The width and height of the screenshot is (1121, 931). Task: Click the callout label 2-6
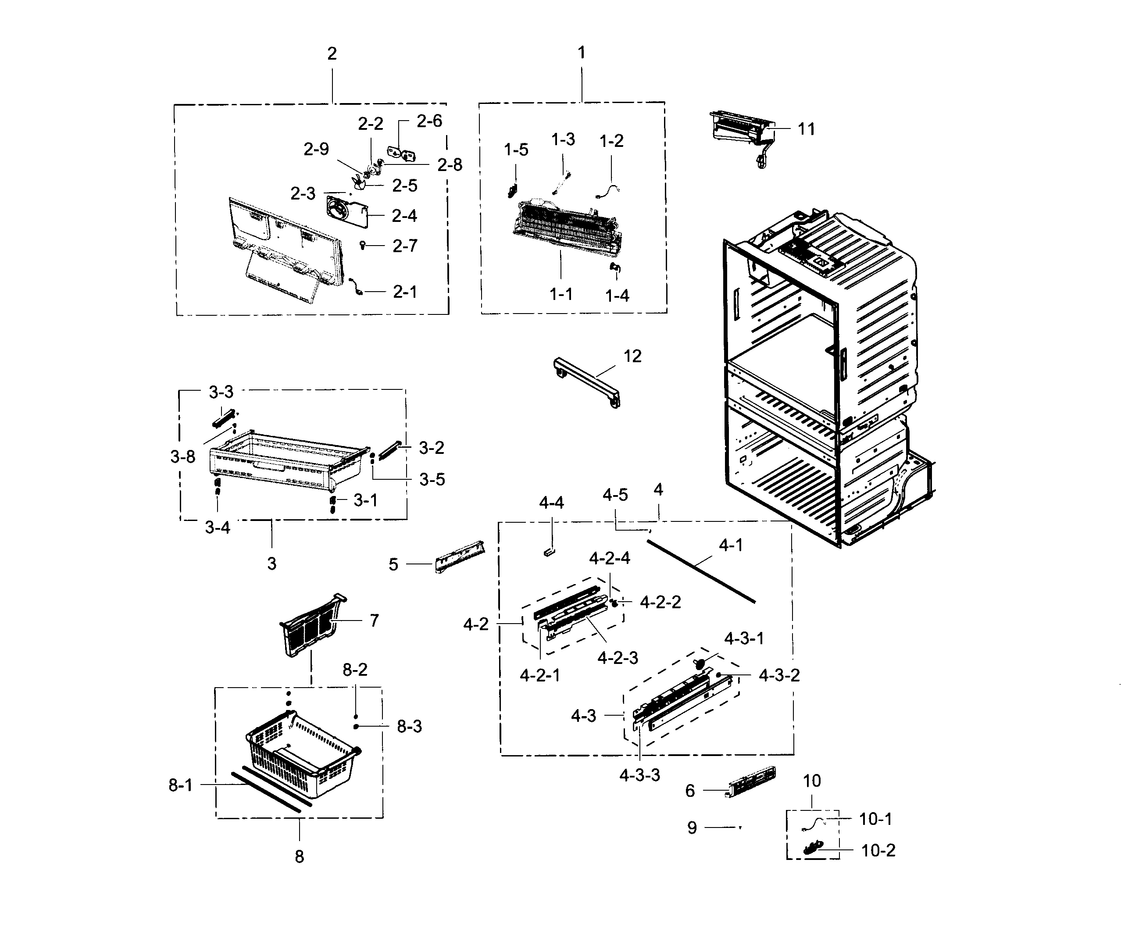[x=429, y=121]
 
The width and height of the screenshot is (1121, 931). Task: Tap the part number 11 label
[x=806, y=129]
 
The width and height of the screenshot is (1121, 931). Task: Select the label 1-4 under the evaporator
[x=617, y=295]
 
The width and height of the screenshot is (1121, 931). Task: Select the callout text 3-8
[x=182, y=457]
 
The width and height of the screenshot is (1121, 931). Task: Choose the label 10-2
[x=878, y=850]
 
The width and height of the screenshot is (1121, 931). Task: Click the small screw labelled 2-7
[x=363, y=245]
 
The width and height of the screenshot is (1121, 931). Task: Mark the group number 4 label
[x=658, y=489]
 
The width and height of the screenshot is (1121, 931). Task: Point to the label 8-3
[x=409, y=727]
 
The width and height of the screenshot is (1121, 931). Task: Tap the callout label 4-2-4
[x=609, y=558]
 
